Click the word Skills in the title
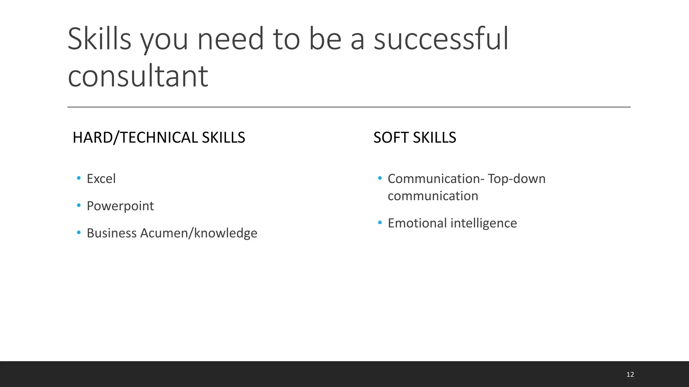[x=99, y=39]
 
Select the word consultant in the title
[x=138, y=76]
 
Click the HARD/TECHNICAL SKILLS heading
[x=159, y=138]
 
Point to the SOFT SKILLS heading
[x=414, y=138]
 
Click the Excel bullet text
[x=101, y=179]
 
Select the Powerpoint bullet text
[x=120, y=206]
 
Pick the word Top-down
[x=516, y=179]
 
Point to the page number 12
[x=630, y=375]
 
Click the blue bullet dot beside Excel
[x=79, y=178]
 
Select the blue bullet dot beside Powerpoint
[x=79, y=205]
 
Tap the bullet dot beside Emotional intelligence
[x=380, y=222]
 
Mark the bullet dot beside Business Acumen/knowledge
[x=79, y=232]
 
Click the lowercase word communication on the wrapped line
[x=433, y=196]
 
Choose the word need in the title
[x=230, y=39]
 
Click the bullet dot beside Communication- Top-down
[x=380, y=178]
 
